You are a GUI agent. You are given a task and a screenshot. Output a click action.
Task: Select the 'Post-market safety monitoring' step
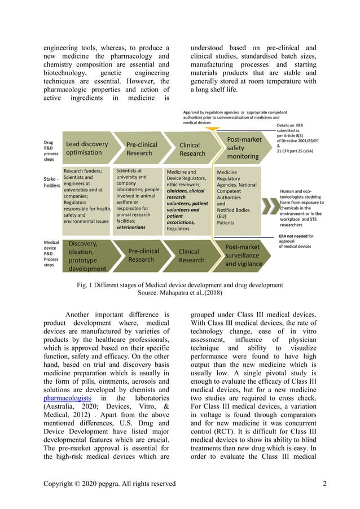point(243,147)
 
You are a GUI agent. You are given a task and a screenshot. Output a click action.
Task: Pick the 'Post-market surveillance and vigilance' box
point(243,255)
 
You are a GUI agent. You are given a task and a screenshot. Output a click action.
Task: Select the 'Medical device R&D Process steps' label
point(51,254)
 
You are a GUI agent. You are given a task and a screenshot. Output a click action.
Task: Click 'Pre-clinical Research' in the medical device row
point(141,255)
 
